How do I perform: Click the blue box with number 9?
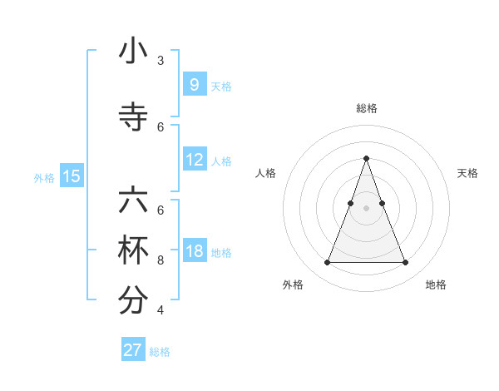click(x=194, y=85)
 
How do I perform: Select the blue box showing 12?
click(x=194, y=160)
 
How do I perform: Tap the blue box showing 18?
click(x=194, y=251)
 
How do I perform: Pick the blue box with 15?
click(x=72, y=176)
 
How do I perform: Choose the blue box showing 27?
click(x=133, y=350)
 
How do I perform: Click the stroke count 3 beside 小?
click(x=161, y=61)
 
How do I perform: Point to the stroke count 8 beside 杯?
click(x=161, y=260)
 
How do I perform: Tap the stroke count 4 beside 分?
click(x=161, y=309)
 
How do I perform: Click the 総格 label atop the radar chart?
click(x=366, y=108)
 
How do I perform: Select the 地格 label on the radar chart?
click(x=436, y=285)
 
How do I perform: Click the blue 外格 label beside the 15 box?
click(x=44, y=177)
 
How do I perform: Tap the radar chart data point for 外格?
click(x=327, y=263)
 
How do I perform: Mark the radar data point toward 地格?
click(x=405, y=263)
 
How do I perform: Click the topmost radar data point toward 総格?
click(x=366, y=158)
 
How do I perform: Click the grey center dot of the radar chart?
click(x=366, y=207)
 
